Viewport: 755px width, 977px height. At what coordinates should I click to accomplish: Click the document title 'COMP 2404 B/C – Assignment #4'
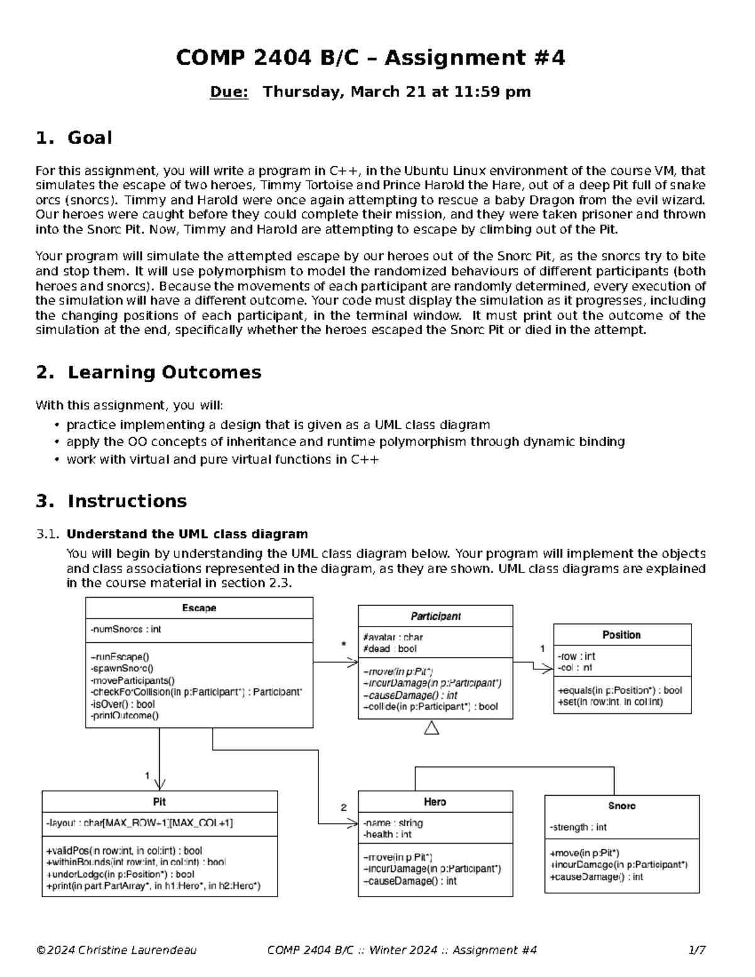pyautogui.click(x=370, y=58)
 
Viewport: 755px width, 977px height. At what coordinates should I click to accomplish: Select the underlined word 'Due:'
pyautogui.click(x=229, y=92)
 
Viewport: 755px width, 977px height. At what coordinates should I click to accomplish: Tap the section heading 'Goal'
pyautogui.click(x=89, y=138)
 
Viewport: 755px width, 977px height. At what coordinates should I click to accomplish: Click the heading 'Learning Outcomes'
pyautogui.click(x=164, y=372)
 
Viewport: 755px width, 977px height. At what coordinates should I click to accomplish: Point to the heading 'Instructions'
pyautogui.click(x=127, y=501)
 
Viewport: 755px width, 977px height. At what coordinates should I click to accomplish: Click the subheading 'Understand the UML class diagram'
pyautogui.click(x=187, y=534)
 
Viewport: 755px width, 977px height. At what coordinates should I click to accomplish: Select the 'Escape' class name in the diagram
pyautogui.click(x=199, y=608)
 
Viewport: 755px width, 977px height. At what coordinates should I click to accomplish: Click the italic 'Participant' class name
pyautogui.click(x=435, y=616)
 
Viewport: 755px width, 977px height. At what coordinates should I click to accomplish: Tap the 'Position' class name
pyautogui.click(x=622, y=635)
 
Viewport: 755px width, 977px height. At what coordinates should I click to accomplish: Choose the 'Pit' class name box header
pyautogui.click(x=159, y=801)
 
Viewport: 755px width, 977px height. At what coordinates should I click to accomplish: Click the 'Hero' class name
pyautogui.click(x=435, y=801)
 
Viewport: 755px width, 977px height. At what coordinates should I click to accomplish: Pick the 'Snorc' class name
pyautogui.click(x=622, y=806)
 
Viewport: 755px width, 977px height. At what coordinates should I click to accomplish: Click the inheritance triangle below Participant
pyautogui.click(x=432, y=728)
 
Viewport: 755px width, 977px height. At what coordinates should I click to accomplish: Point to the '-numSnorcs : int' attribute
pyautogui.click(x=126, y=629)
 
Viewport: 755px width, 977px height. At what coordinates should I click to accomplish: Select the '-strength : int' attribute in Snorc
pyautogui.click(x=578, y=827)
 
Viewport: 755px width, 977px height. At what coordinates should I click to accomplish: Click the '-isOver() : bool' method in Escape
pyautogui.click(x=123, y=704)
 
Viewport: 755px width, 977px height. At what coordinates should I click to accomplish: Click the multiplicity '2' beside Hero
pyautogui.click(x=344, y=807)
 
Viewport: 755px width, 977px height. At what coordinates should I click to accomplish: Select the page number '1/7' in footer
pyautogui.click(x=696, y=950)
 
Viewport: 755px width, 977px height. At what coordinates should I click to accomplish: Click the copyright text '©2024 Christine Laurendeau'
pyautogui.click(x=116, y=950)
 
